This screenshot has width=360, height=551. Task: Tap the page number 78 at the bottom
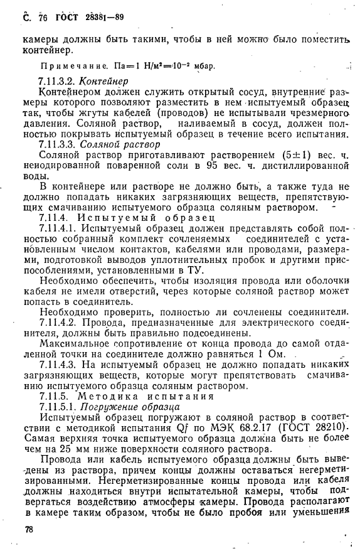point(28,530)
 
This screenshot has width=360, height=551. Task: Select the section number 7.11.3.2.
point(59,82)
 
